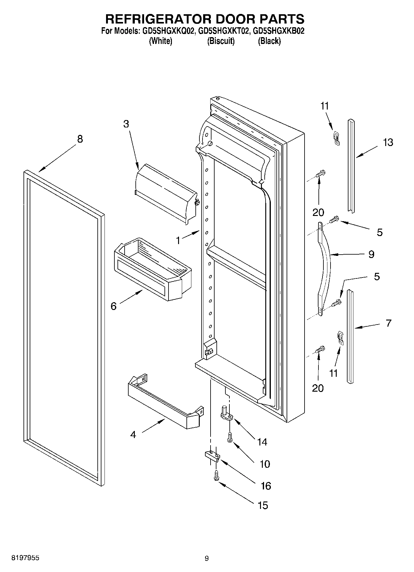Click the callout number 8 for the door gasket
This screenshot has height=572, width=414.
coord(80,139)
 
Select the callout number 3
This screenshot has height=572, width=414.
coord(126,124)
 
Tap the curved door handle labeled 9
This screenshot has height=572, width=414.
coord(325,266)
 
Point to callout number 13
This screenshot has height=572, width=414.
coord(388,143)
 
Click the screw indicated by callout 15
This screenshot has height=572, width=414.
coord(216,476)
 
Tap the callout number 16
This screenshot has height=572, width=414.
coord(266,486)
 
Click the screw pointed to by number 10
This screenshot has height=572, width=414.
coord(230,437)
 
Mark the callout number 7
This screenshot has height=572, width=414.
coord(389,323)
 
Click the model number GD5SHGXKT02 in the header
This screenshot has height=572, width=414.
coord(223,31)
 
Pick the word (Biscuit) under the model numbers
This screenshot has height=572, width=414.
coord(221,41)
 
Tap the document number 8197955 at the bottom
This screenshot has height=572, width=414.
coord(25,558)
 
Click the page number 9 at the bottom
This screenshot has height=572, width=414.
coord(207,558)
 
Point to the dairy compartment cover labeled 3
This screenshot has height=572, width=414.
coord(165,192)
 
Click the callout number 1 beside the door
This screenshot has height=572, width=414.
coord(178,240)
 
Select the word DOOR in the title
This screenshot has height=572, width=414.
coord(233,19)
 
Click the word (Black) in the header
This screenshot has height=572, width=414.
coord(269,41)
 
